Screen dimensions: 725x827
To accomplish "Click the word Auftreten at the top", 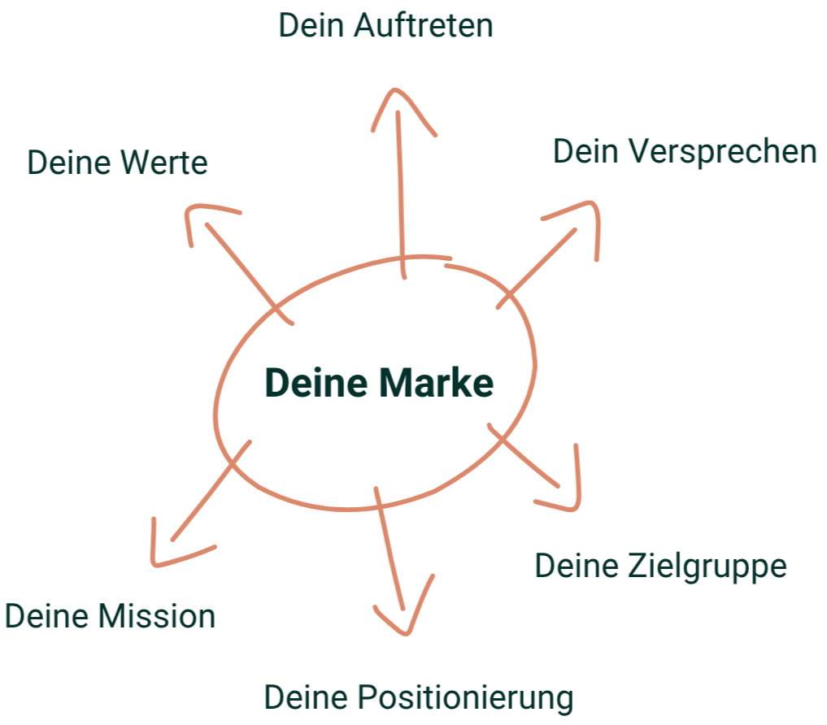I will click(424, 26).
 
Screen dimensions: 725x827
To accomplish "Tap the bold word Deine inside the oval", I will click(316, 384).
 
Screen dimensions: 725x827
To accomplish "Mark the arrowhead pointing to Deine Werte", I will click(198, 218).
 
